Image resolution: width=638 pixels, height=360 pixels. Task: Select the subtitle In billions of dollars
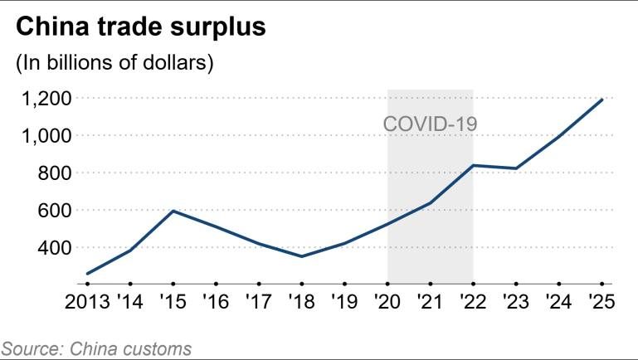coord(115,63)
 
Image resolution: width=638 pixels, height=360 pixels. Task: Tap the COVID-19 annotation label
coord(430,124)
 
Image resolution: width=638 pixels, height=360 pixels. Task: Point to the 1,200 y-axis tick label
coord(47,98)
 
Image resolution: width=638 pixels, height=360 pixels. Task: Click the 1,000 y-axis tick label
coord(47,135)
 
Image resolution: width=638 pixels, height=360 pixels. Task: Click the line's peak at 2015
coord(173,211)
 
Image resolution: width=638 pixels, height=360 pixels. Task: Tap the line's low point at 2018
coord(301,256)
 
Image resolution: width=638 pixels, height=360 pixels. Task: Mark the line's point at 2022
coord(472,165)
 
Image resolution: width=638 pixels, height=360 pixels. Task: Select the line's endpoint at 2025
coord(601,100)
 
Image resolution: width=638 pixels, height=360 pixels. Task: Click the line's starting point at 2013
coord(88,274)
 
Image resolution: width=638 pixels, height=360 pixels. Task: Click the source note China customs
coord(96,348)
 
